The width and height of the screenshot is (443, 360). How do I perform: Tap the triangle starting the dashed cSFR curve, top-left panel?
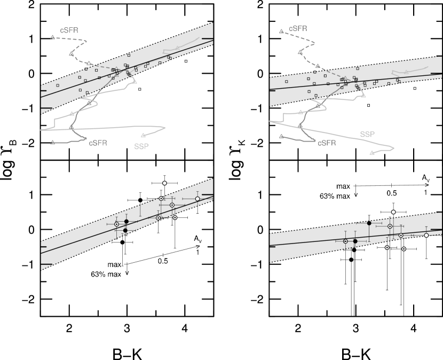coord(52,37)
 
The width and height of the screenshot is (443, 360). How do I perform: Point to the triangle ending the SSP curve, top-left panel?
coord(143,135)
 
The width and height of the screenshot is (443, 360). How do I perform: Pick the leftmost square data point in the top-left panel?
coord(58,85)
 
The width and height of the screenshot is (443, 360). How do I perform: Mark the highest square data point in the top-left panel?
coord(129,55)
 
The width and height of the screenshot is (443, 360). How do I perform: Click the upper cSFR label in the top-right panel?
coord(298,29)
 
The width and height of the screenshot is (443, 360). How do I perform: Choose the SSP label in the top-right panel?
coord(368,134)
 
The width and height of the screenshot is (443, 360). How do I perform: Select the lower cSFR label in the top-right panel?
coord(327,143)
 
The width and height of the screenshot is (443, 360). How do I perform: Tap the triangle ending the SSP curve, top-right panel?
coord(372,153)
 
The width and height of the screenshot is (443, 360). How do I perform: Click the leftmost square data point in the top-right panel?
coord(287,82)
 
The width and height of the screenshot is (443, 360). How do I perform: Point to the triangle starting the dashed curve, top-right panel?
coord(281,31)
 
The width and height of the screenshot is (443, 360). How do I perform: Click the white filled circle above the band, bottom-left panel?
coord(164,183)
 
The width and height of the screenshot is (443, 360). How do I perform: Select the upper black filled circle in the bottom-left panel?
coord(126,221)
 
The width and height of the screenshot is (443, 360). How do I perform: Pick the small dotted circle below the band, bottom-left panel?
coord(175,217)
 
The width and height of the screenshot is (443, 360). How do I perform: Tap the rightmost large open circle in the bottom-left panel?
coord(197,199)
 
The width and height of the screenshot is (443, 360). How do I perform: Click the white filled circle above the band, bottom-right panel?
coord(393,212)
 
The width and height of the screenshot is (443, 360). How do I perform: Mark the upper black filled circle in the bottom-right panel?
coord(369,223)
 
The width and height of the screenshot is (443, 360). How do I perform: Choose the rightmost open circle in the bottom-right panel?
coord(426,235)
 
